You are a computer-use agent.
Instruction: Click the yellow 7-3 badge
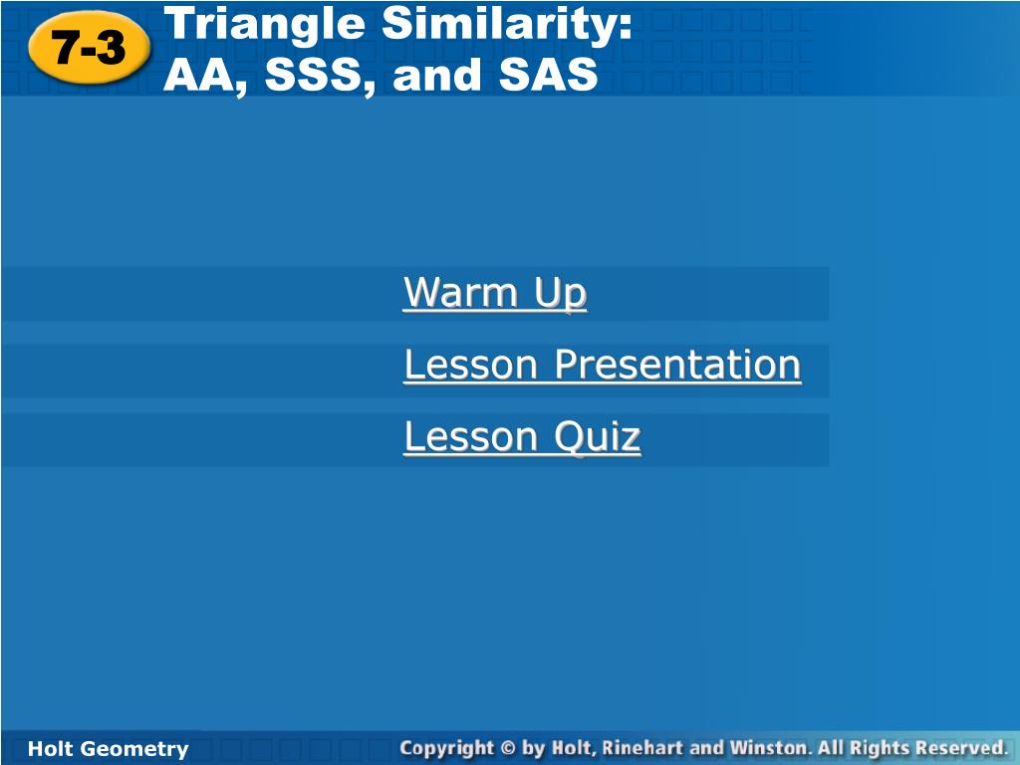89,48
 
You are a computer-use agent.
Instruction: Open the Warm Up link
495,293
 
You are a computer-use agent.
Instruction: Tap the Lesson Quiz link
522,436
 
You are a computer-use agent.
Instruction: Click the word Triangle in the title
265,26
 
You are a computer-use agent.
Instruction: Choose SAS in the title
548,74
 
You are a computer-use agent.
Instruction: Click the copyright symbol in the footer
509,749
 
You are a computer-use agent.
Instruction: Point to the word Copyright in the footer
447,749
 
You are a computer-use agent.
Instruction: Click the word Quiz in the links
598,437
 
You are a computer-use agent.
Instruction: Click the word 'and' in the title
437,74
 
